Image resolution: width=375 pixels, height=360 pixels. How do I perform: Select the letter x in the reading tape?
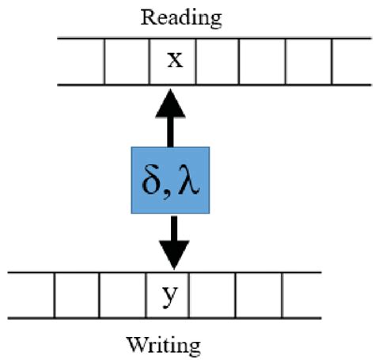[174, 59]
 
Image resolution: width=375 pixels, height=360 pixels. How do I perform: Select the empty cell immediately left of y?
[123, 295]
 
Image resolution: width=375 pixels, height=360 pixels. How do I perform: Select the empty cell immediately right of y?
[213, 295]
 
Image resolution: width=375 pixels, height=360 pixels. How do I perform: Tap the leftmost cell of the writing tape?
[30, 295]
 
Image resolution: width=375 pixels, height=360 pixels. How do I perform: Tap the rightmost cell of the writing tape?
[301, 295]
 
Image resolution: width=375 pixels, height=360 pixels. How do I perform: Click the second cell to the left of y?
[77, 295]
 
